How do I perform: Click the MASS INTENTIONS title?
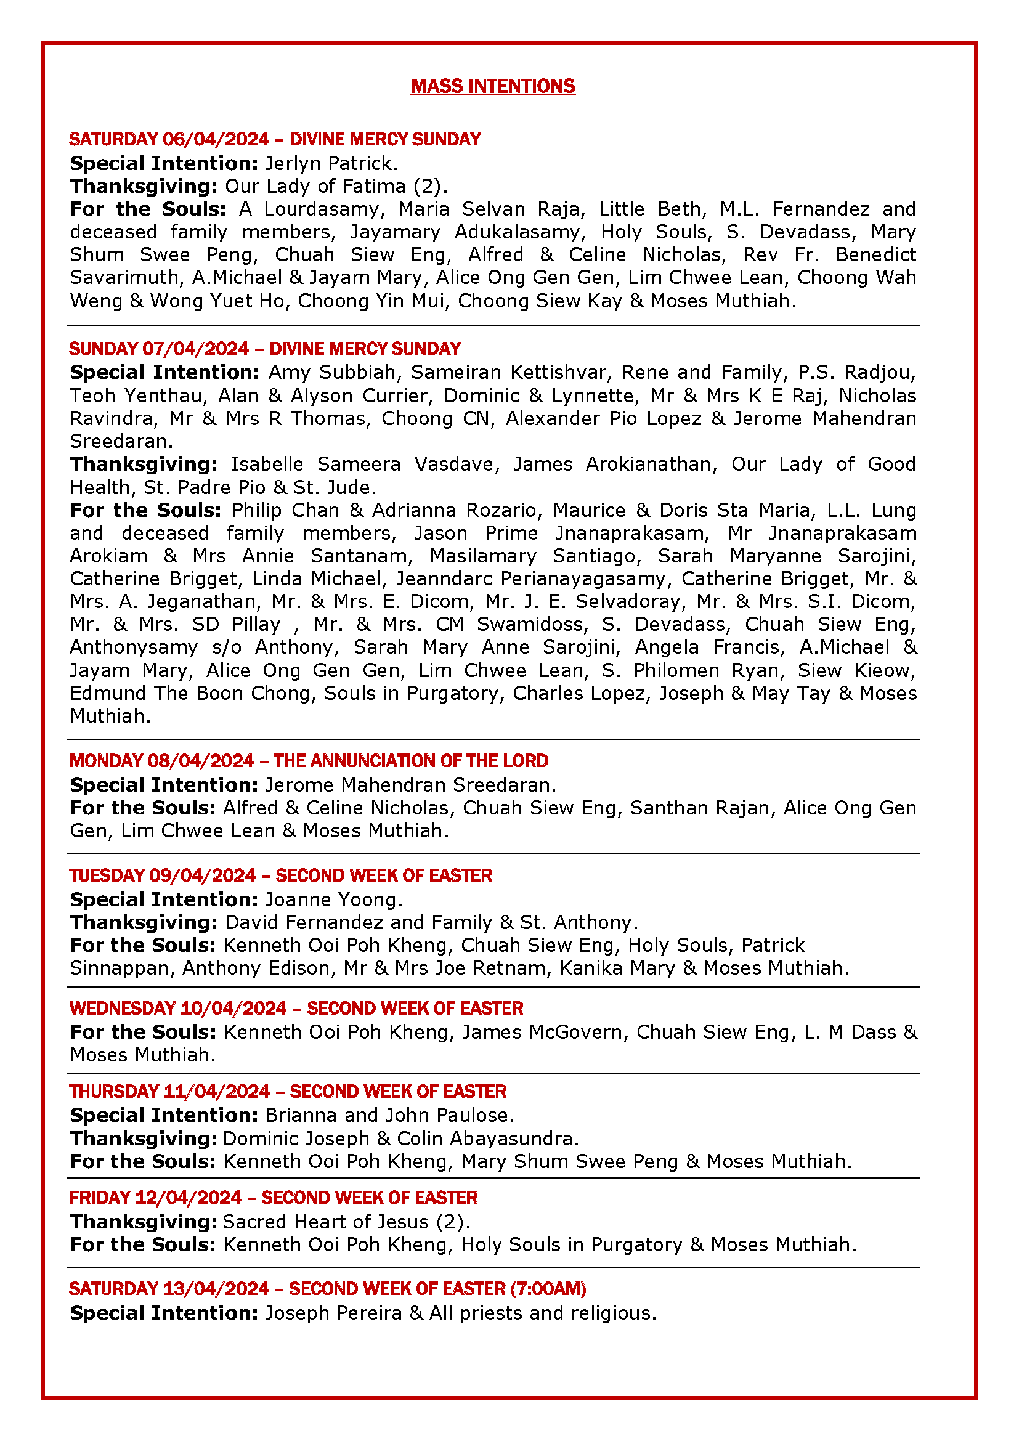[x=493, y=86]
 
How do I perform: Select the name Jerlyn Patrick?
[x=330, y=163]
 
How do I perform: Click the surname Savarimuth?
[x=124, y=277]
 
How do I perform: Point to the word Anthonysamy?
[x=134, y=647]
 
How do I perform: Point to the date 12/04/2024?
[x=189, y=1198]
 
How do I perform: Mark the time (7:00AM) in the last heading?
[x=548, y=1288]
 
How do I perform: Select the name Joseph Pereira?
[x=333, y=1313]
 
